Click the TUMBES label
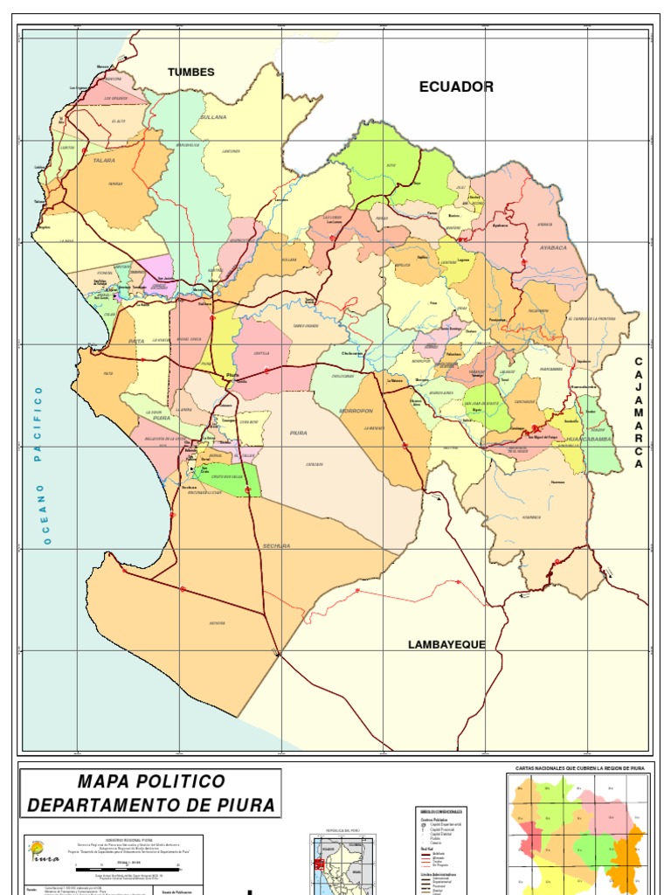click(190, 73)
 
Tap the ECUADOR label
click(456, 87)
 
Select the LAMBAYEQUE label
click(446, 644)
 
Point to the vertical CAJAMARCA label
click(639, 413)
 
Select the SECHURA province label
click(276, 546)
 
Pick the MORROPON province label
click(356, 410)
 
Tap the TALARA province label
click(104, 162)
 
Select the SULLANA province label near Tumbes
click(213, 116)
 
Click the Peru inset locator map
click(342, 861)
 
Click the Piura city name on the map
click(232, 375)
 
